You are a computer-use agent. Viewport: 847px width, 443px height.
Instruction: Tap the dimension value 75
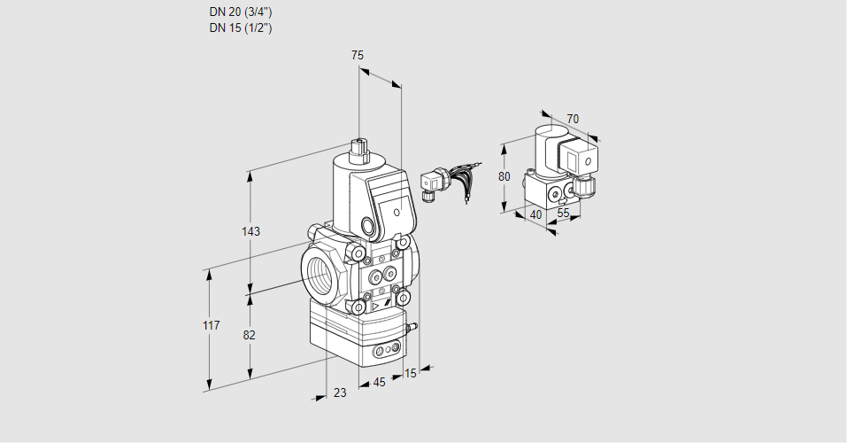(x=358, y=55)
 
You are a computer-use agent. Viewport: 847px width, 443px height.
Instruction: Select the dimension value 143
(x=250, y=231)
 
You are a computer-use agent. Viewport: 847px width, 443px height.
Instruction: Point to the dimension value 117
(x=210, y=326)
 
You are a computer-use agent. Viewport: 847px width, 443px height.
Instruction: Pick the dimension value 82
(x=250, y=335)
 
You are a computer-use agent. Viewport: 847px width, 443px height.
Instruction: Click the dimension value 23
(x=340, y=392)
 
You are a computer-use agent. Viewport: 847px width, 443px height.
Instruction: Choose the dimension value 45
(x=379, y=383)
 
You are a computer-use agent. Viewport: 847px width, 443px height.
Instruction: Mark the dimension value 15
(x=410, y=373)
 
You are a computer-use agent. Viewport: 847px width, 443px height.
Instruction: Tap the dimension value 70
(x=573, y=119)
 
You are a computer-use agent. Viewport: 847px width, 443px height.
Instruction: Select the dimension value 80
(x=504, y=176)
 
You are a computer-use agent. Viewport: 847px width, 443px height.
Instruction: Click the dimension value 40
(x=535, y=214)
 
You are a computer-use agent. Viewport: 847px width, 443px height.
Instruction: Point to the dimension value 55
(x=563, y=214)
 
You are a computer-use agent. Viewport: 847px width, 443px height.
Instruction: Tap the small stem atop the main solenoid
(x=358, y=147)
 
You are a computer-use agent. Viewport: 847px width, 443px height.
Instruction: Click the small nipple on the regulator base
(x=411, y=328)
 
